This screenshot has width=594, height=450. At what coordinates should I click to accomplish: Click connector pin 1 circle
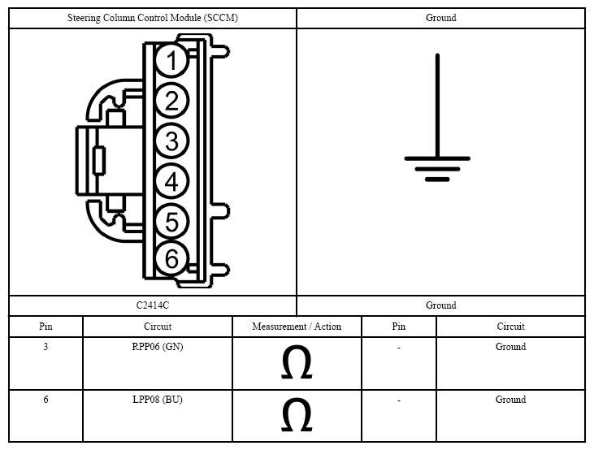pyautogui.click(x=171, y=61)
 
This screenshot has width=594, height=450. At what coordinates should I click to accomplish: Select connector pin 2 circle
pyautogui.click(x=171, y=101)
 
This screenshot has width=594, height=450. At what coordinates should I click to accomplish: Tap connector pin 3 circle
pyautogui.click(x=171, y=141)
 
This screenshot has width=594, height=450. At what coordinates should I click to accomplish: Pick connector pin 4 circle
pyautogui.click(x=171, y=181)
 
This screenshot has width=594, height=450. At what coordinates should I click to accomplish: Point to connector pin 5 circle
pyautogui.click(x=171, y=222)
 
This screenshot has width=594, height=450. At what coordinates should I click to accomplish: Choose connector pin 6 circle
pyautogui.click(x=171, y=259)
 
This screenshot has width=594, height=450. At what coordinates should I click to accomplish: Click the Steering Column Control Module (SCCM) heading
pyautogui.click(x=153, y=18)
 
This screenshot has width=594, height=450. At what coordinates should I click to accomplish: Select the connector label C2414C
pyautogui.click(x=153, y=305)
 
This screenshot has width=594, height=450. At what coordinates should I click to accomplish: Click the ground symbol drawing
pyautogui.click(x=437, y=118)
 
